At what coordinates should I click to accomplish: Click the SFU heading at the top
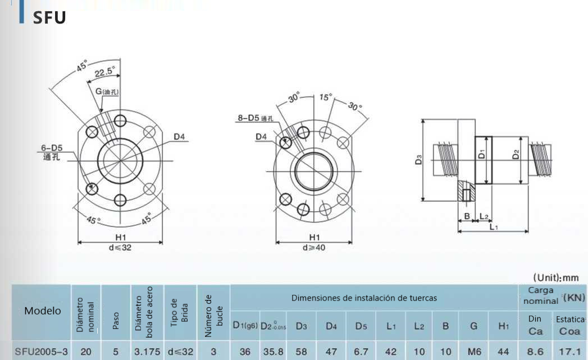[49, 18]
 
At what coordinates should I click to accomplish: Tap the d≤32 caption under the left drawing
[119, 248]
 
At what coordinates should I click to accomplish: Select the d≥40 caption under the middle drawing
[314, 248]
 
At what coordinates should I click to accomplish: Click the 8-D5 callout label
[254, 119]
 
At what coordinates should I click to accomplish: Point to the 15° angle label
[326, 97]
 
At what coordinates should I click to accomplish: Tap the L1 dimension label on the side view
[493, 227]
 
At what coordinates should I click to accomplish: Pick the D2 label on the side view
[516, 153]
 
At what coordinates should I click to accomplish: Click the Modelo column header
[43, 311]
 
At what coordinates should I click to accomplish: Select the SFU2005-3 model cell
[42, 352]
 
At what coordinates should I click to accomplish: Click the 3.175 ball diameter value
[148, 352]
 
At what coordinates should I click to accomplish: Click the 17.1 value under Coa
[569, 352]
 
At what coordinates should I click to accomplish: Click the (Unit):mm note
[556, 278]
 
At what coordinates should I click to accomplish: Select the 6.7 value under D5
[360, 352]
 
